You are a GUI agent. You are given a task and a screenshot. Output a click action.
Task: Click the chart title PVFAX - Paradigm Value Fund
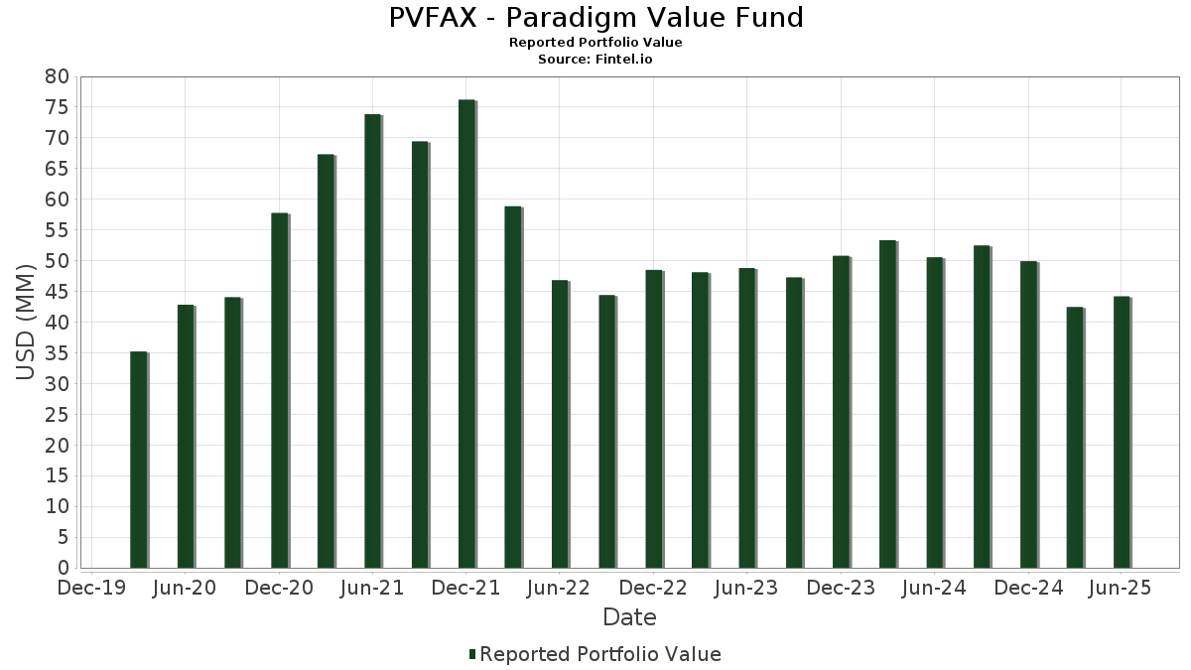595,18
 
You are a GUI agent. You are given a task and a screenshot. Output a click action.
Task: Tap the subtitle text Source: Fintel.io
595,60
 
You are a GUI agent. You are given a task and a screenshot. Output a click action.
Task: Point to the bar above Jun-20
186,436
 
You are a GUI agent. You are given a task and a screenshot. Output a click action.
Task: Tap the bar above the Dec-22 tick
653,419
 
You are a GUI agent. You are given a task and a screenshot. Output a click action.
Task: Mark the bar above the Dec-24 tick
1028,415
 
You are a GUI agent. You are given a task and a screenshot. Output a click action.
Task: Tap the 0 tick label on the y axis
63,568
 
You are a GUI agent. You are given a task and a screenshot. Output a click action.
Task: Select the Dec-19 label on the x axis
91,589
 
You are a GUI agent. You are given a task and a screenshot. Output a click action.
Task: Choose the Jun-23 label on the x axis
747,589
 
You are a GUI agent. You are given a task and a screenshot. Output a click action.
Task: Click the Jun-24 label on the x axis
934,589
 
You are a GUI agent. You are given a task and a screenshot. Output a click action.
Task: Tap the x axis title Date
629,617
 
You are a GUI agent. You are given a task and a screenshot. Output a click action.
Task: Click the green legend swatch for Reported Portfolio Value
472,654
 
